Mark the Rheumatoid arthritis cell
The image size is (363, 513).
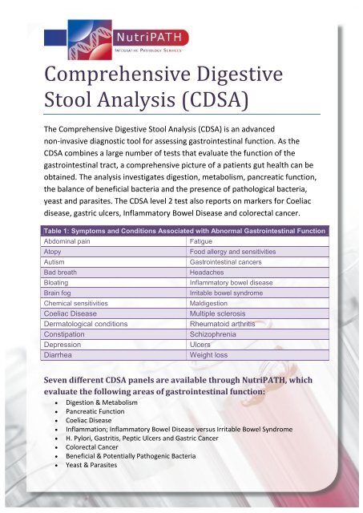click(224, 329)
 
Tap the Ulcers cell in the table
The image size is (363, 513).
click(200, 351)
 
